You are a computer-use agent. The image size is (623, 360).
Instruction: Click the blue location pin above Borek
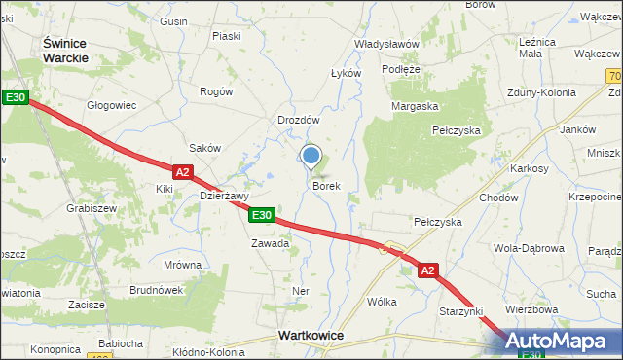click(x=311, y=156)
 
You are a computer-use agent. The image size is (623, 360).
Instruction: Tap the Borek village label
click(x=326, y=185)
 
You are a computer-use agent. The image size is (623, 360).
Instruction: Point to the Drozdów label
click(x=298, y=120)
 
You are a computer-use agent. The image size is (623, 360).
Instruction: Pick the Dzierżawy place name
click(x=225, y=195)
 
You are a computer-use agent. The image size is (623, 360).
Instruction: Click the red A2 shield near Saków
click(x=184, y=171)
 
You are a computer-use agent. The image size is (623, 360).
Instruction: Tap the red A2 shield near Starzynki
click(x=430, y=271)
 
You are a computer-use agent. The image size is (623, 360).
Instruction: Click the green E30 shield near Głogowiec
click(x=15, y=97)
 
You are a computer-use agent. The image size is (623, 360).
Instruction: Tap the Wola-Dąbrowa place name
click(x=530, y=248)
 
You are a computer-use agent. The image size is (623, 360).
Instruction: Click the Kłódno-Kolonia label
click(x=207, y=351)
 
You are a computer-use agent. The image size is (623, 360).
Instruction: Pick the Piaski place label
click(x=226, y=36)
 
